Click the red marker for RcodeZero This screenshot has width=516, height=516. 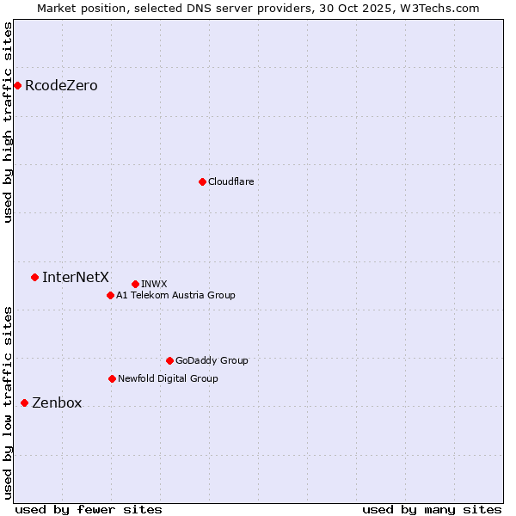pos(17,85)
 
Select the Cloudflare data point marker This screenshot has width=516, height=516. pos(202,181)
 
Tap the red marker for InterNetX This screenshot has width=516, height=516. pos(34,277)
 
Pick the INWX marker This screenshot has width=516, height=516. pos(135,284)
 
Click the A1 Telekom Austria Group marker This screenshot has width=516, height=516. pos(110,295)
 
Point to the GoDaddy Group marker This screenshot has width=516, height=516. pos(169,360)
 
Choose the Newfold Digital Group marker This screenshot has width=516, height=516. pos(112,378)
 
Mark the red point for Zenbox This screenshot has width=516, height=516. pos(24,402)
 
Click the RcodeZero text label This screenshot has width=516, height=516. pos(61,86)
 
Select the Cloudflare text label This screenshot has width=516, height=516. pos(230,181)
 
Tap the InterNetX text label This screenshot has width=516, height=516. pos(76,277)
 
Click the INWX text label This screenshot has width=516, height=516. pos(154,284)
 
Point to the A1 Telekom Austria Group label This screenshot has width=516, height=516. pos(175,295)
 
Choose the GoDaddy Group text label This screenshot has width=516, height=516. pos(212,360)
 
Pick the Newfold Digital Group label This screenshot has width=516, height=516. pos(168,378)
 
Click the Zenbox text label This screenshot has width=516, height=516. pos(57,402)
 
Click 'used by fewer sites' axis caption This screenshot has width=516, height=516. pos(89,509)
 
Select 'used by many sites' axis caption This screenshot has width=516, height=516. pos(432,509)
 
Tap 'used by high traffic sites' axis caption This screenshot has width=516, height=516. pos(8,122)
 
